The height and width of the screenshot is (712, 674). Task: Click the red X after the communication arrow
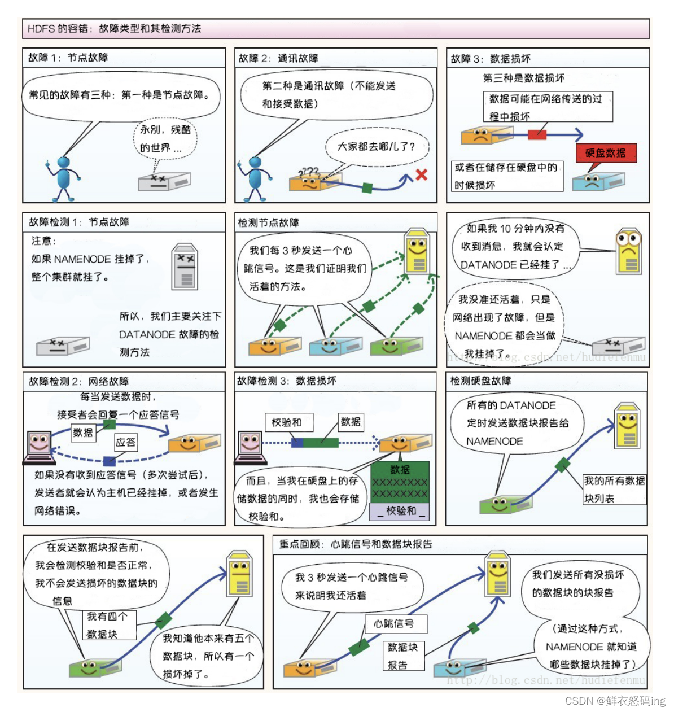[421, 175]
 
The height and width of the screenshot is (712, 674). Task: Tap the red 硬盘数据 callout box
[606, 153]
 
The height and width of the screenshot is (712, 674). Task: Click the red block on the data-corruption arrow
[537, 134]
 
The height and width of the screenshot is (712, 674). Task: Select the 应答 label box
[125, 442]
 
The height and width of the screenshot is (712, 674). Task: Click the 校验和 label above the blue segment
[286, 422]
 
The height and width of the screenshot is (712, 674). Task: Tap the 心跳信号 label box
[394, 623]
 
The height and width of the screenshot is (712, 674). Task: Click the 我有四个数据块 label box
[111, 626]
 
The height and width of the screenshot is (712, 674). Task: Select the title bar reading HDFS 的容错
[336, 28]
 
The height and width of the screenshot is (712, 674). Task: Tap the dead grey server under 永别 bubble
[164, 181]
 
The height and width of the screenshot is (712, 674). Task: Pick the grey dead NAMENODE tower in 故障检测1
[185, 267]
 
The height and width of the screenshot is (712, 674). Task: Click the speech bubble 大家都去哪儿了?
[376, 146]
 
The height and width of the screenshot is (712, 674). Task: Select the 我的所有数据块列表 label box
[614, 489]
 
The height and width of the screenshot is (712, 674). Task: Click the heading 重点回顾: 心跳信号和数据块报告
[356, 544]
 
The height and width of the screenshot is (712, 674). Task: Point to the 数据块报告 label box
[403, 656]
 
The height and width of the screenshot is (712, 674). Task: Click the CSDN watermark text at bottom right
[615, 701]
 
